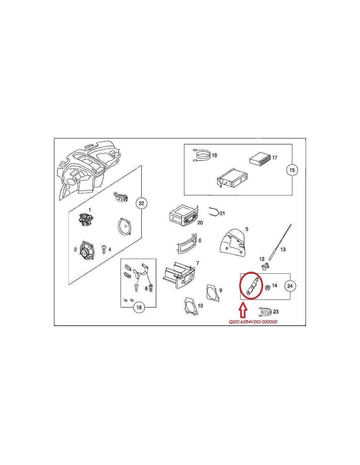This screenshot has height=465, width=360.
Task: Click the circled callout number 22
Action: [x=141, y=203]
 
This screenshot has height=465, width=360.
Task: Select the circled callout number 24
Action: [x=290, y=286]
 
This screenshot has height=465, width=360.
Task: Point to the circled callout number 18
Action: [x=139, y=307]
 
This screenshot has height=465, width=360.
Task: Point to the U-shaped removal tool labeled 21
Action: [x=213, y=213]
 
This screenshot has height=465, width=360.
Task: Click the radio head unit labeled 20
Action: [x=183, y=218]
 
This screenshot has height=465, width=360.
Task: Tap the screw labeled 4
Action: [x=104, y=249]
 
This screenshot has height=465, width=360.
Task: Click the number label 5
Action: [x=247, y=229]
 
